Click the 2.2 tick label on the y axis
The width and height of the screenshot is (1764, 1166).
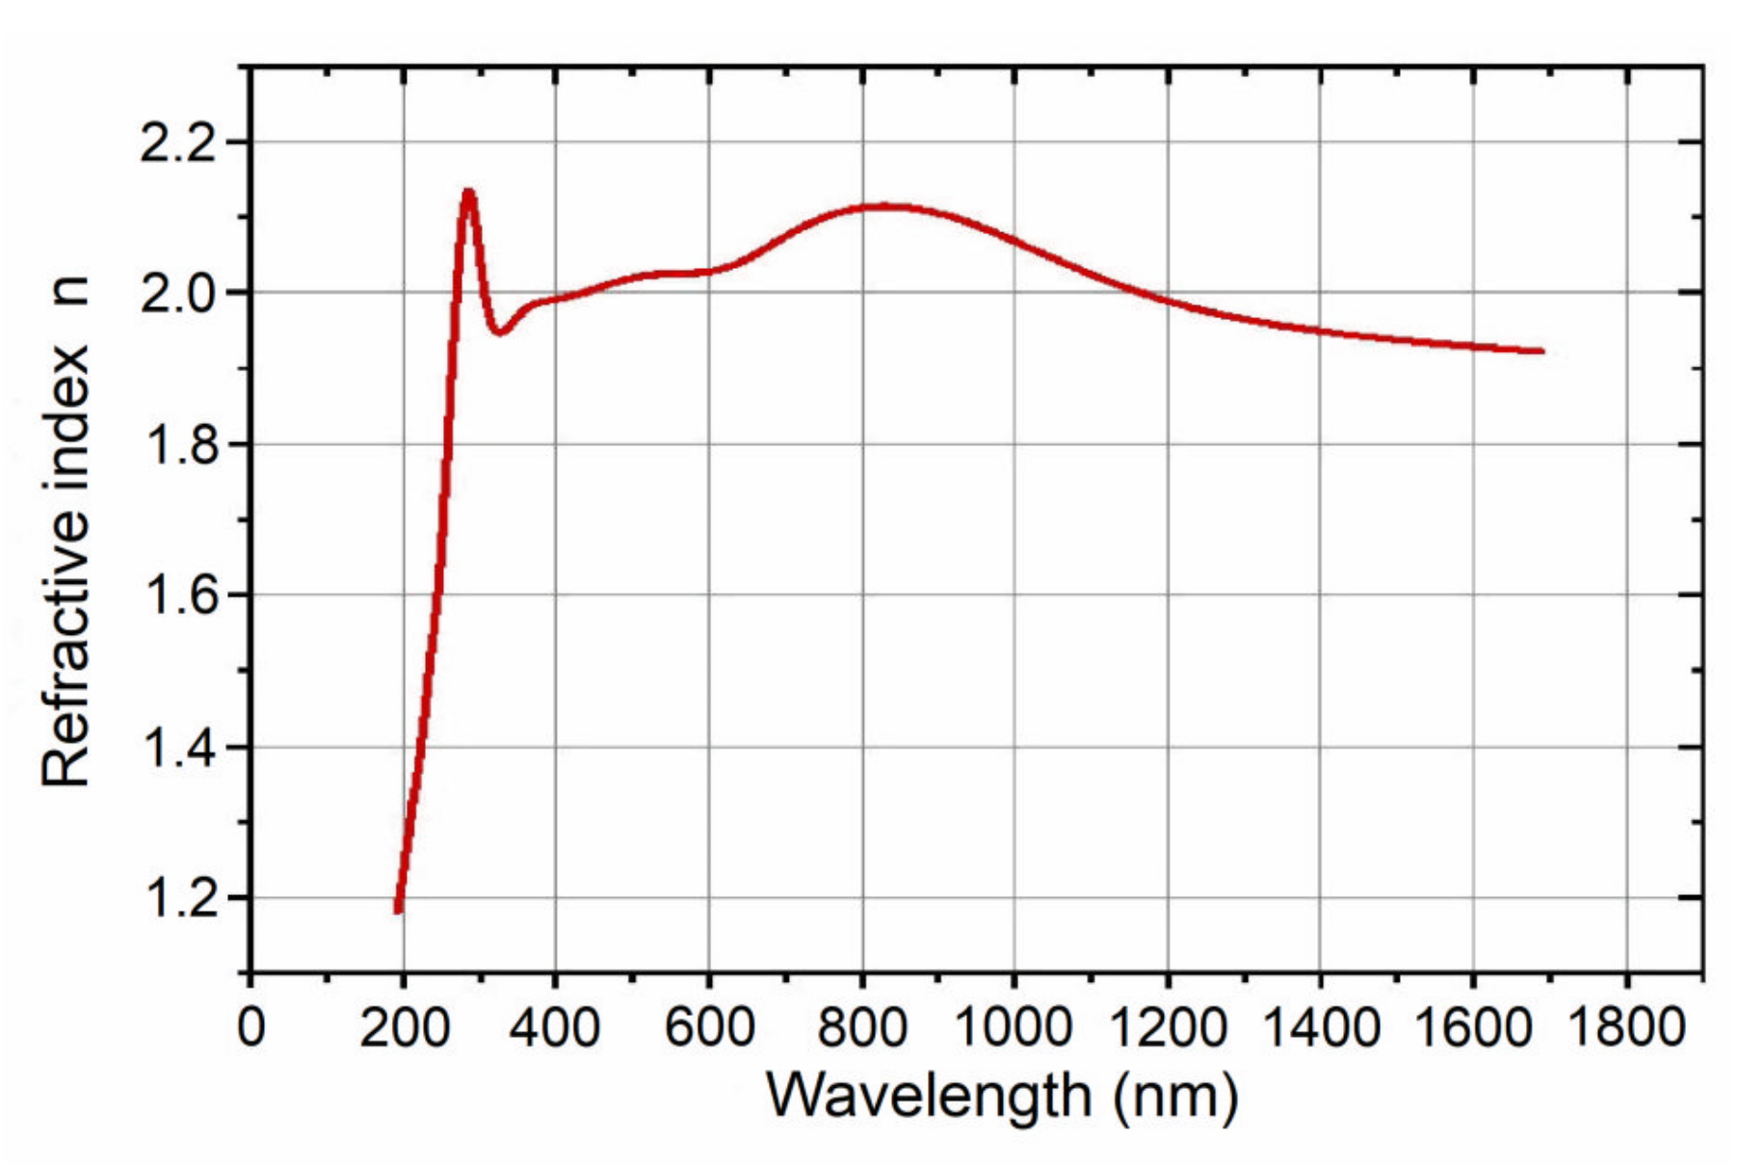tap(180, 145)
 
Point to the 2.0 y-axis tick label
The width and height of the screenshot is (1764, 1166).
tap(180, 294)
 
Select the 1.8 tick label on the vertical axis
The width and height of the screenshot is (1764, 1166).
tap(180, 446)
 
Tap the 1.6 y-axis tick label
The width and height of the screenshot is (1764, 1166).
tap(180, 596)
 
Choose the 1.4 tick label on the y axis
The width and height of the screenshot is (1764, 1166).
tap(180, 749)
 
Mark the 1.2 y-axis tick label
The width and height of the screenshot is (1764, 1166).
tap(180, 899)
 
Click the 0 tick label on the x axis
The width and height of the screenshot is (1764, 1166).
tap(250, 1027)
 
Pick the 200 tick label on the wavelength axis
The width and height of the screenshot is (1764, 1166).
tap(404, 1027)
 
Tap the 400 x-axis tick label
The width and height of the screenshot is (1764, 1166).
tap(555, 1027)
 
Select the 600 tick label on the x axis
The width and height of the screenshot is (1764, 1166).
tap(709, 1027)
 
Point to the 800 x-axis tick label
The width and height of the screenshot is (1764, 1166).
tap(862, 1027)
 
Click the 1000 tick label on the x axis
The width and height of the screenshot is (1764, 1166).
tap(1014, 1027)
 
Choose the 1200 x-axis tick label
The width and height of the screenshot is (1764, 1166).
tap(1168, 1027)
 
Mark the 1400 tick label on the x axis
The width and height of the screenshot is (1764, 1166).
tap(1320, 1027)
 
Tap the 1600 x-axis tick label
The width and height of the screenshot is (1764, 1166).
tap(1473, 1027)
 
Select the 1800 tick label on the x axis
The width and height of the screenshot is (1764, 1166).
tap(1627, 1027)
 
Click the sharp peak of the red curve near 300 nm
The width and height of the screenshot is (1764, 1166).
tap(468, 193)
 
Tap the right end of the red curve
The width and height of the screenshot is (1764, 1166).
tap(1542, 352)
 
